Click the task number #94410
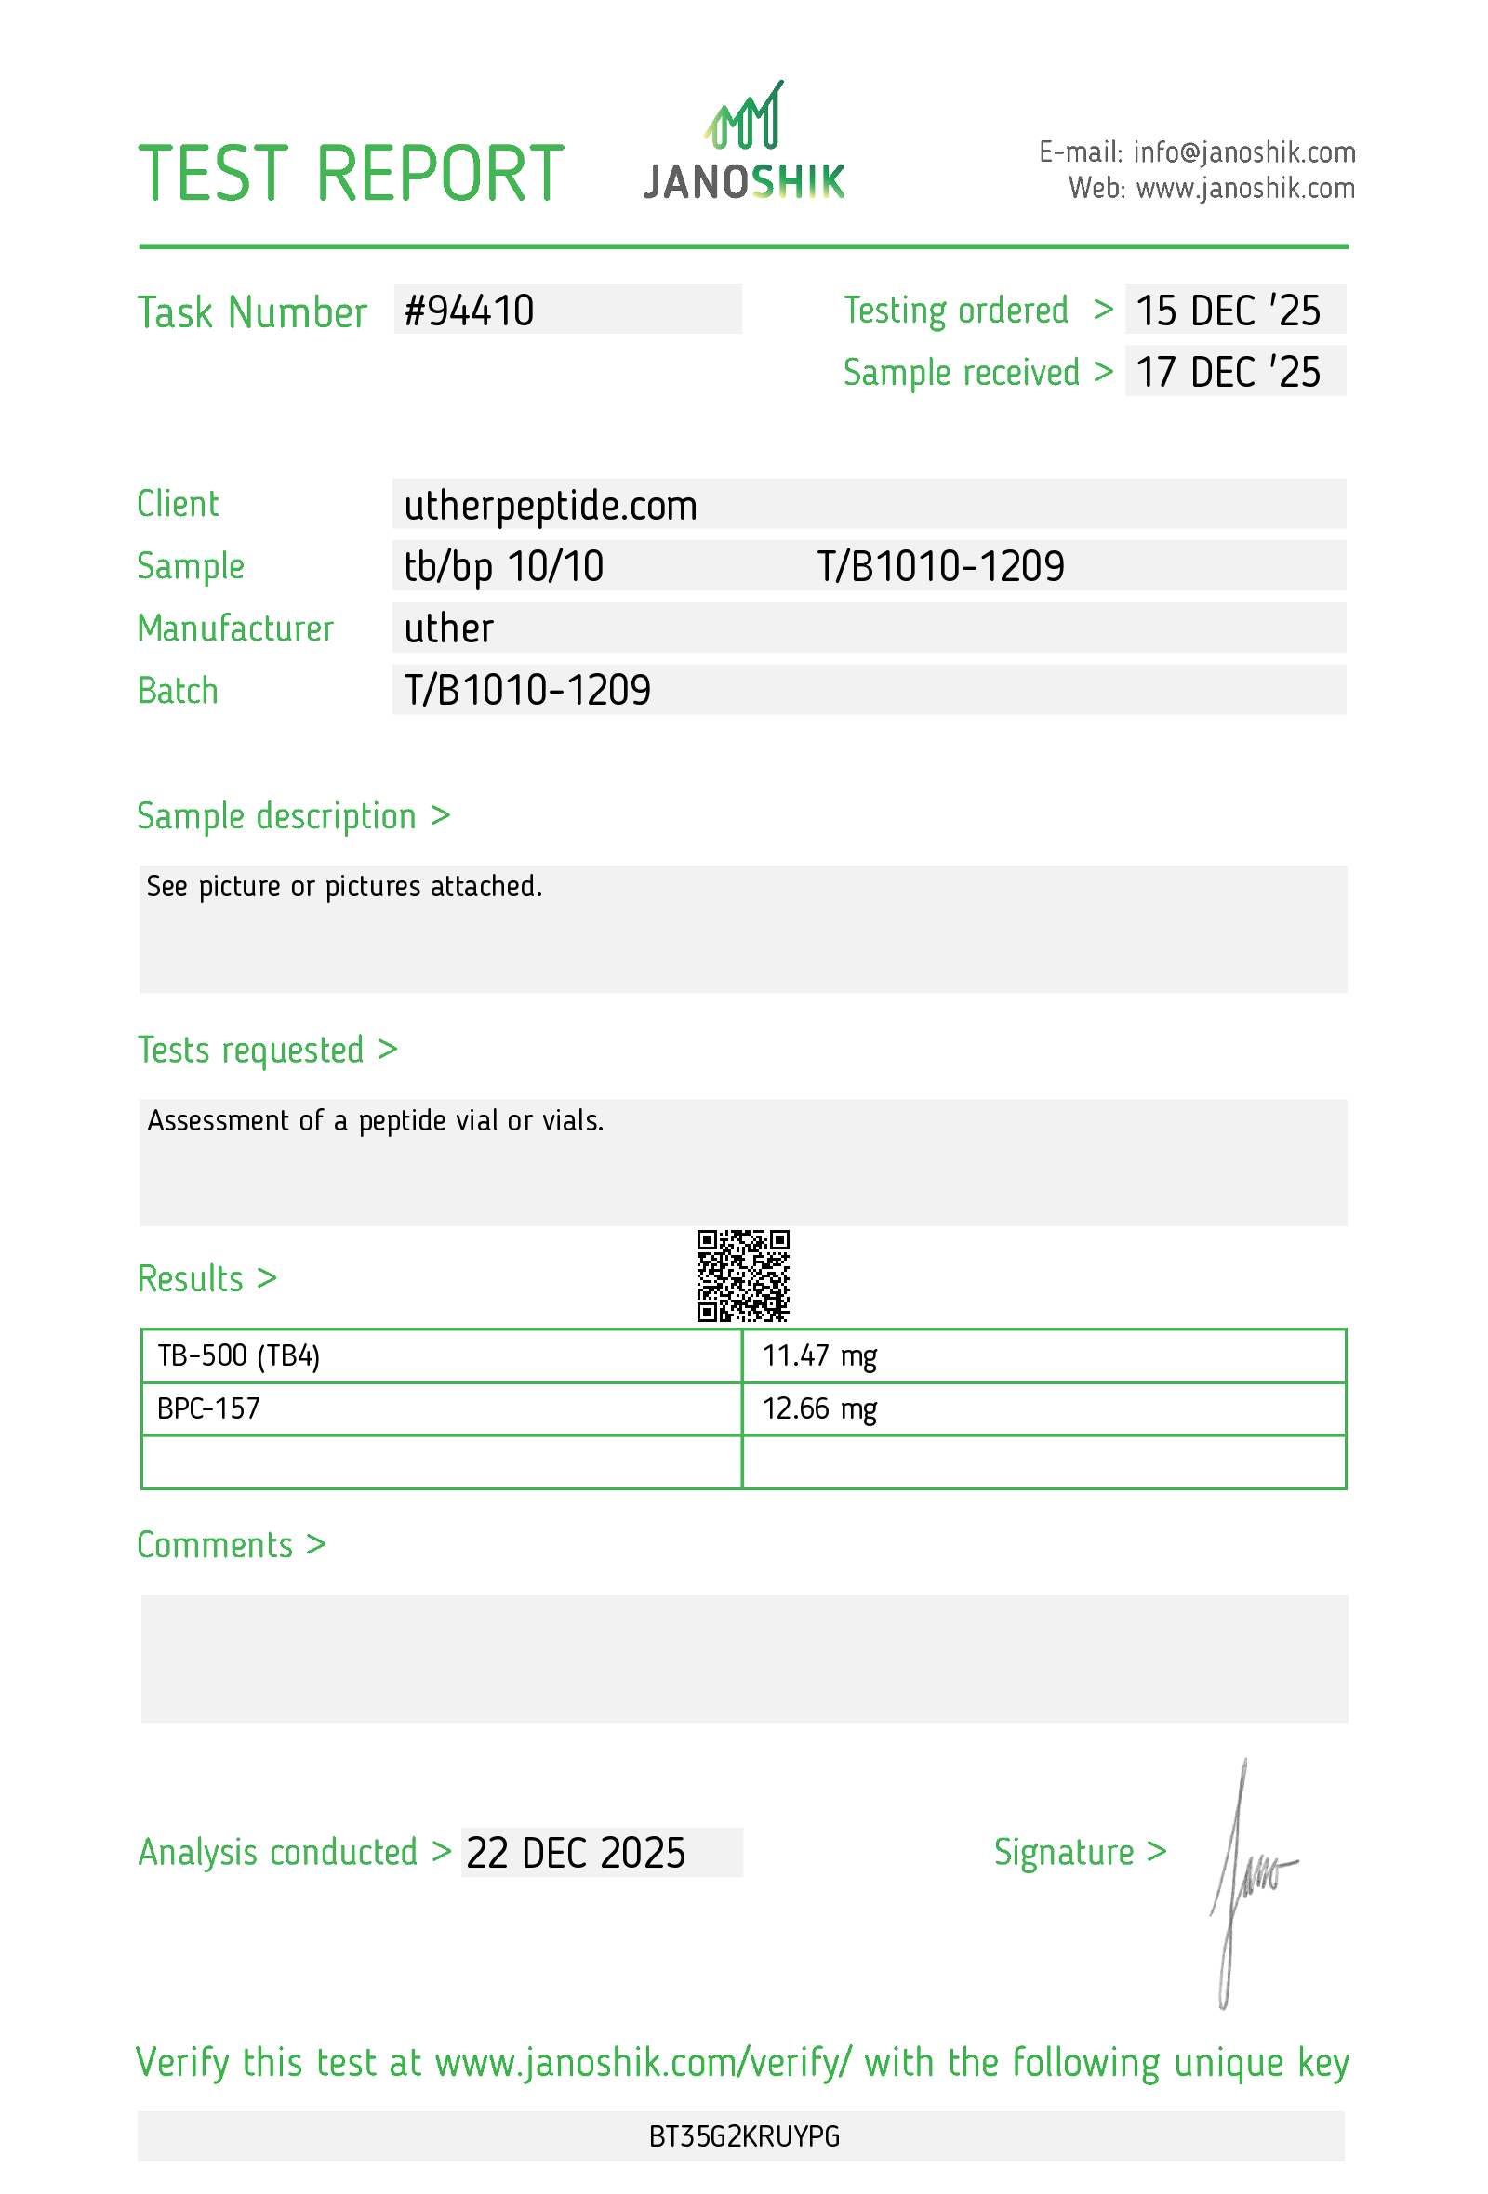[469, 311]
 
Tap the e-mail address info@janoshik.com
[1243, 152]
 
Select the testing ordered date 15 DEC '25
[1227, 311]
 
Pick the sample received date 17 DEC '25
[1227, 372]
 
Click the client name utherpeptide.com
[551, 506]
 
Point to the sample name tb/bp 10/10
[503, 566]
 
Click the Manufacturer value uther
[448, 628]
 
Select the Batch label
[178, 690]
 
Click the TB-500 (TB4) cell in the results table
[239, 1355]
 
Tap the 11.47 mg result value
[818, 1355]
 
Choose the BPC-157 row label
[208, 1408]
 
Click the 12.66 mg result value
[818, 1408]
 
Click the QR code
[743, 1275]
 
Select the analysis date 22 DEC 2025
[576, 1853]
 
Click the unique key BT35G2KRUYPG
[744, 2136]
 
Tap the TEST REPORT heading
[351, 174]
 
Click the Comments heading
[215, 1545]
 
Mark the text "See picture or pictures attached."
[344, 887]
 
